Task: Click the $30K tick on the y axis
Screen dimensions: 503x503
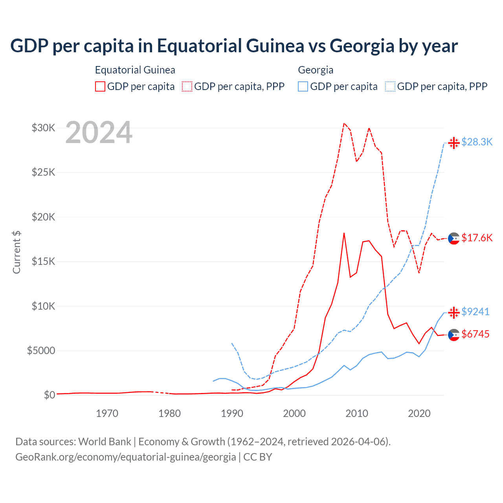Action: [43, 128]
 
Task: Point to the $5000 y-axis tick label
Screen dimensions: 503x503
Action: [41, 351]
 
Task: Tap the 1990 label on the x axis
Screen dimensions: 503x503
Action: [232, 413]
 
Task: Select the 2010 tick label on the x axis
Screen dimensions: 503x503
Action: [357, 413]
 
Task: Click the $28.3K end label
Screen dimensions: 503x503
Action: [477, 142]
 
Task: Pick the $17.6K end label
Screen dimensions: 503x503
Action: [477, 238]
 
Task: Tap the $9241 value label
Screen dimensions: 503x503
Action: [475, 312]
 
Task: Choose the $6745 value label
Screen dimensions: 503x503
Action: [475, 334]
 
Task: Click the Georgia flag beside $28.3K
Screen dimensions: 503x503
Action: [454, 143]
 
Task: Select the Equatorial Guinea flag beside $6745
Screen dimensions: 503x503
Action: [454, 335]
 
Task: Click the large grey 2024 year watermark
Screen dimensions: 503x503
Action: [99, 133]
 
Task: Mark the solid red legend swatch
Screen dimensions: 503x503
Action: [100, 86]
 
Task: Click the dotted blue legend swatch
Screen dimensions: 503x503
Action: [390, 86]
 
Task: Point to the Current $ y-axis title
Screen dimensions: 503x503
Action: [17, 252]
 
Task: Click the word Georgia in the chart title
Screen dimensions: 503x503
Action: [362, 46]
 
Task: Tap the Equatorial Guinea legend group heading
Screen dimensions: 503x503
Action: [135, 70]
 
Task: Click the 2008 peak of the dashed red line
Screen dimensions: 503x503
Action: [344, 123]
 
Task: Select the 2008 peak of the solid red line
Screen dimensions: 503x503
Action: [344, 233]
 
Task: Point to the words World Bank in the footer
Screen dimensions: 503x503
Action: [105, 442]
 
